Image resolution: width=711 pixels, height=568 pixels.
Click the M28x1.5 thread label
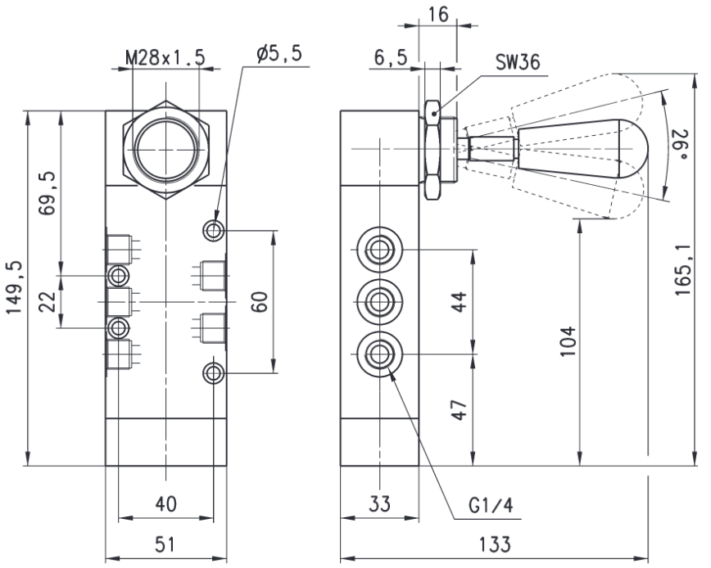tap(165, 58)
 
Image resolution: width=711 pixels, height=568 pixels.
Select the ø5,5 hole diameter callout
tap(279, 54)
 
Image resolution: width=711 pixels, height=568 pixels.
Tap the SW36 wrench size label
tap(518, 62)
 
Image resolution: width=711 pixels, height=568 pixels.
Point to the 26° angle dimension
tap(682, 145)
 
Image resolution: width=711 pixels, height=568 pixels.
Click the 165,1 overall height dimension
tap(682, 270)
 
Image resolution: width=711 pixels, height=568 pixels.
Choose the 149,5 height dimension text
tap(15, 287)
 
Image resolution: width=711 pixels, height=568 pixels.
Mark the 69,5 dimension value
tap(47, 193)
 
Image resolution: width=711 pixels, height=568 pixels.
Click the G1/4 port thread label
tap(491, 506)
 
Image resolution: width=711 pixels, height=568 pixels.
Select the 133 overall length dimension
tap(495, 544)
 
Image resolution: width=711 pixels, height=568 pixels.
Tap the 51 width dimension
tap(165, 544)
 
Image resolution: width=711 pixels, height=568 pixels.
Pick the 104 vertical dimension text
tap(568, 341)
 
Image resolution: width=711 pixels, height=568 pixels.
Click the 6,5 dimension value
tap(391, 58)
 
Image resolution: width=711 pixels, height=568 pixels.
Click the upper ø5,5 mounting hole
tap(213, 231)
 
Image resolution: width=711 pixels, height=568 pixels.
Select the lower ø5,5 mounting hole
tap(213, 373)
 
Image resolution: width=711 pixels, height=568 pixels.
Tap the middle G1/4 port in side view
tap(379, 302)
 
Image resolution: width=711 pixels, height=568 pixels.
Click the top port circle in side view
tap(379, 250)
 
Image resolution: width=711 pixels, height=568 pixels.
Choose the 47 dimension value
tap(460, 410)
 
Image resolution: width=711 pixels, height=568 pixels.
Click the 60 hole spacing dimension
tap(260, 302)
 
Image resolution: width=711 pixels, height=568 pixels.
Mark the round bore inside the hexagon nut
tap(166, 150)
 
